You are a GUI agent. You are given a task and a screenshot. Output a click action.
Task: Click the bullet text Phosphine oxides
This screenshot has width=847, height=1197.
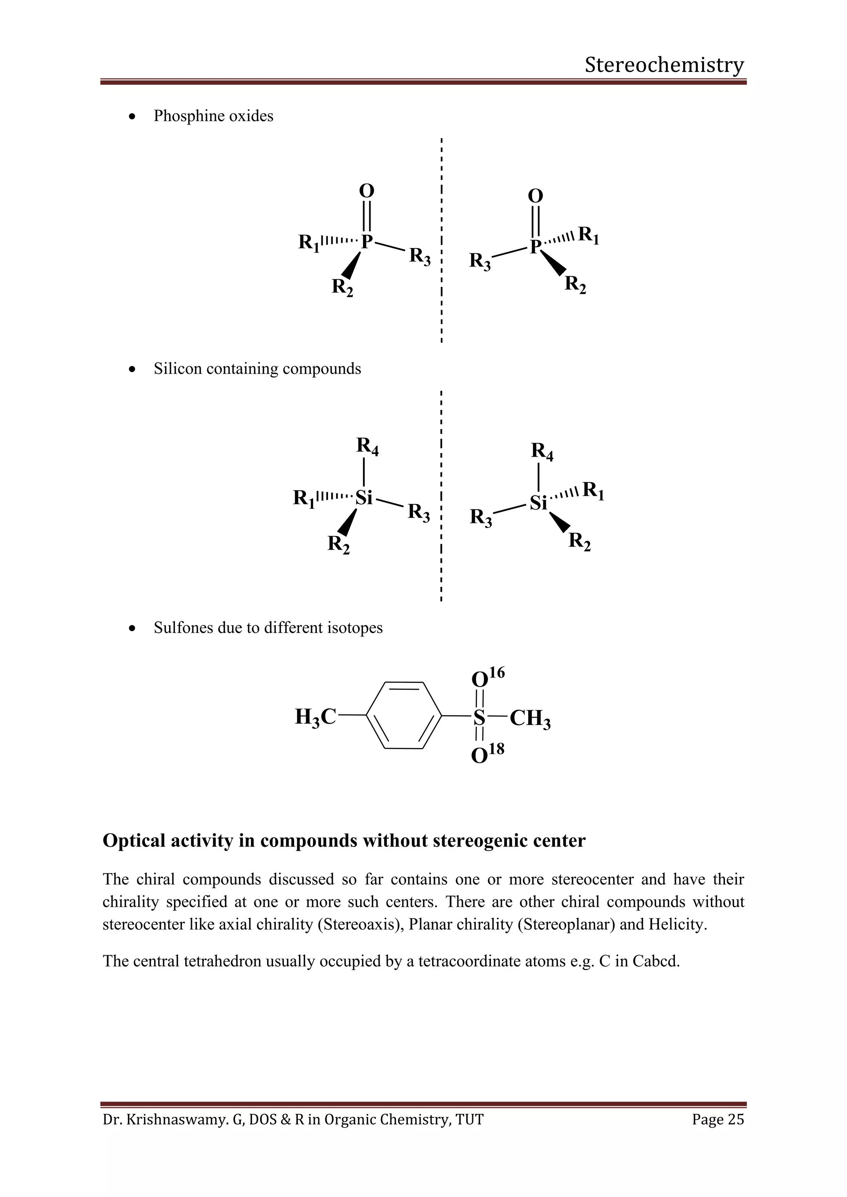[x=213, y=116]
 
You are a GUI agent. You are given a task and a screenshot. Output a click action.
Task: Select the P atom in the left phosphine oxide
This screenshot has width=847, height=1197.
[x=367, y=242]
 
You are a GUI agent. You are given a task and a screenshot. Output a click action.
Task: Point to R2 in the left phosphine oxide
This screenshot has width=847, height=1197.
[x=342, y=287]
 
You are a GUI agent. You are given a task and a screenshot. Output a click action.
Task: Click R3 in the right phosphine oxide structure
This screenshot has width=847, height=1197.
[x=480, y=261]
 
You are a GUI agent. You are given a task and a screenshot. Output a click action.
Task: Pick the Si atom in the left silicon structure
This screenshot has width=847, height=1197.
[x=364, y=498]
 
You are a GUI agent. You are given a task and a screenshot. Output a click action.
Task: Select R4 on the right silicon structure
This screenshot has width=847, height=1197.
[x=542, y=451]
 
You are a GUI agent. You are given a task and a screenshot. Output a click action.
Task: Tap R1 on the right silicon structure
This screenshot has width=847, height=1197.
[x=593, y=491]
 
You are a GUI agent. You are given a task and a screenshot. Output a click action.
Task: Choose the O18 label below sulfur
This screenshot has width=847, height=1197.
[x=487, y=754]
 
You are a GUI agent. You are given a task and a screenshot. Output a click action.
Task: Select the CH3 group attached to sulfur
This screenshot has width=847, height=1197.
[x=530, y=718]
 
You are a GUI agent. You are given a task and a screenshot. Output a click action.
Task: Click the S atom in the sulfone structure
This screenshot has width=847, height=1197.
[x=479, y=718]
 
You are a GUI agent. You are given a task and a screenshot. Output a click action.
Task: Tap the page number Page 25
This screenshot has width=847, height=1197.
[x=718, y=1119]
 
